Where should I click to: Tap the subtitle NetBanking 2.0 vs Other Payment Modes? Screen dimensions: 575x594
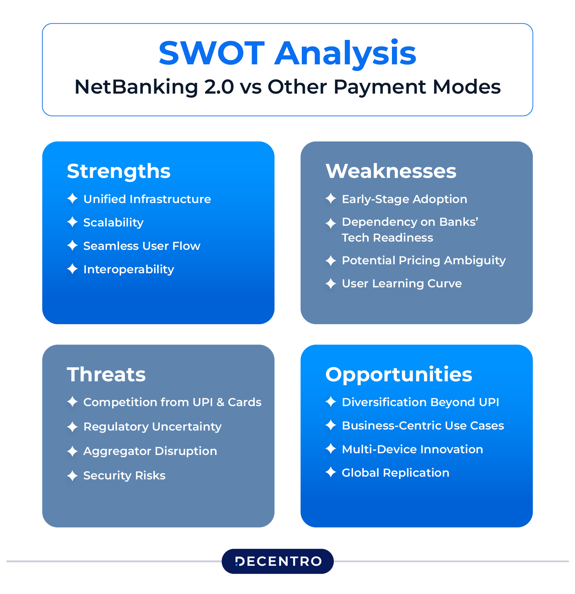point(287,87)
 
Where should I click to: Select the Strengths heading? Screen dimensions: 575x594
point(119,171)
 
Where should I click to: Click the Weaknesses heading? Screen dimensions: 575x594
point(391,171)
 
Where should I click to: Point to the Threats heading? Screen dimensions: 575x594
point(106,374)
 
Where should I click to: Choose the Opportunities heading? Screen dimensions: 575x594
point(399,375)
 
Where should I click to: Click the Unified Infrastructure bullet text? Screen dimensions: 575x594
point(147,199)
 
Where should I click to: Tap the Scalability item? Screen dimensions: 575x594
point(114,223)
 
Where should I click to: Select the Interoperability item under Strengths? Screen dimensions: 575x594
point(129,269)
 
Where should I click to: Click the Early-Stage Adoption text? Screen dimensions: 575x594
point(405,199)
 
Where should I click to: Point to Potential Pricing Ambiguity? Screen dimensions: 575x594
point(424,261)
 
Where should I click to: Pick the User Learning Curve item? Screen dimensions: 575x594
point(402,284)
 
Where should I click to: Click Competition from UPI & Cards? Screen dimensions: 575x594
point(172,402)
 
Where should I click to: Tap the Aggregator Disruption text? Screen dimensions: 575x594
point(150,451)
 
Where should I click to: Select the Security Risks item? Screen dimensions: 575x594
point(125,476)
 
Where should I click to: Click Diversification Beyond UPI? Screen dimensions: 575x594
point(420,402)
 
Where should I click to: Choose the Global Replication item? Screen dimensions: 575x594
point(396,473)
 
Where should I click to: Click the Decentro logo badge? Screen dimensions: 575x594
point(278,561)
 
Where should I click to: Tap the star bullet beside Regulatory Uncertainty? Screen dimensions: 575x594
point(72,427)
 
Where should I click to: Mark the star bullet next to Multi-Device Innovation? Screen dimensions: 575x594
point(331,449)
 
